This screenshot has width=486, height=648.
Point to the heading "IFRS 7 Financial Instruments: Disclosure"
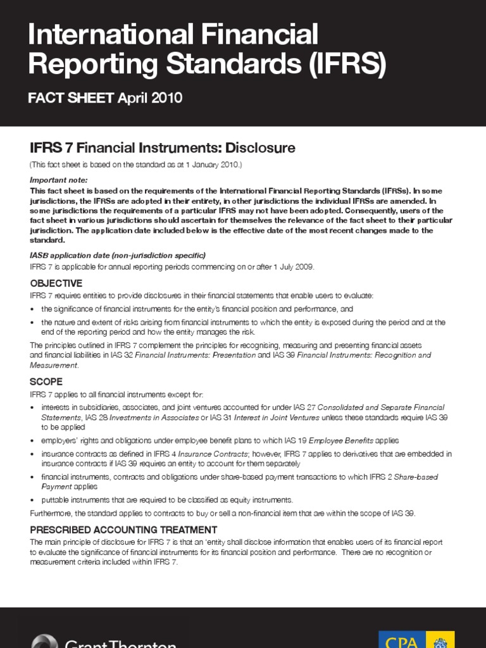163,148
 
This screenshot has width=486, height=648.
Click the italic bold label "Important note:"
59,180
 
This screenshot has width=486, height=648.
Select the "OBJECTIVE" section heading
56,283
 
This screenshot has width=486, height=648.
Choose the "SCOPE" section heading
46,382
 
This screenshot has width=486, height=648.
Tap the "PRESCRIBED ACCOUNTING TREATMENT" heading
123,530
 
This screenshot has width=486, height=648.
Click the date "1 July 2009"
291,266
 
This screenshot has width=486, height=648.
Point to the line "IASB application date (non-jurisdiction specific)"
118,256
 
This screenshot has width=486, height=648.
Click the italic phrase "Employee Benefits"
341,440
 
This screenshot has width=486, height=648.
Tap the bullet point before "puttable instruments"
33,500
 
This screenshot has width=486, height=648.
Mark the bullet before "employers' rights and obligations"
33,440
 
